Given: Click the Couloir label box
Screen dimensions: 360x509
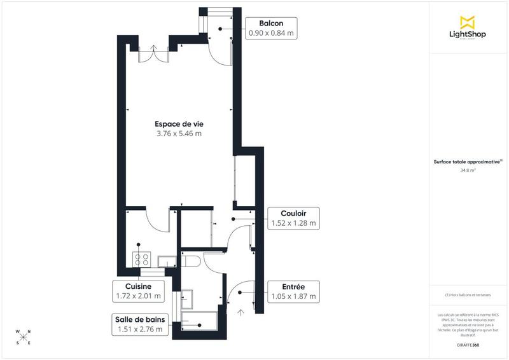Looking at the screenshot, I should pyautogui.click(x=292, y=218).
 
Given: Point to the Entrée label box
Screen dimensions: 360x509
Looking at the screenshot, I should pyautogui.click(x=292, y=291).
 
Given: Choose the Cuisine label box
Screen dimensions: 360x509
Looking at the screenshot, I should pyautogui.click(x=138, y=291).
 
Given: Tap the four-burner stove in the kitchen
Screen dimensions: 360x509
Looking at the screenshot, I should pyautogui.click(x=141, y=259).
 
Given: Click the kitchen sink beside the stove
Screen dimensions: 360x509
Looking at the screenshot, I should pyautogui.click(x=166, y=260).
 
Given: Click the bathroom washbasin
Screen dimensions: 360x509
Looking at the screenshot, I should pyautogui.click(x=188, y=296).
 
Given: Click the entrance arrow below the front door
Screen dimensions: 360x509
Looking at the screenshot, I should pyautogui.click(x=241, y=312).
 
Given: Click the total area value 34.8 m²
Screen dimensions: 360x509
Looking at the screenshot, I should pyautogui.click(x=469, y=170).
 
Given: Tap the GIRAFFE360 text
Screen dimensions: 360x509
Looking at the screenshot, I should pyautogui.click(x=469, y=344).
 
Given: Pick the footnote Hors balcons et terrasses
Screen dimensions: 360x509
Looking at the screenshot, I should pyautogui.click(x=469, y=294).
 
